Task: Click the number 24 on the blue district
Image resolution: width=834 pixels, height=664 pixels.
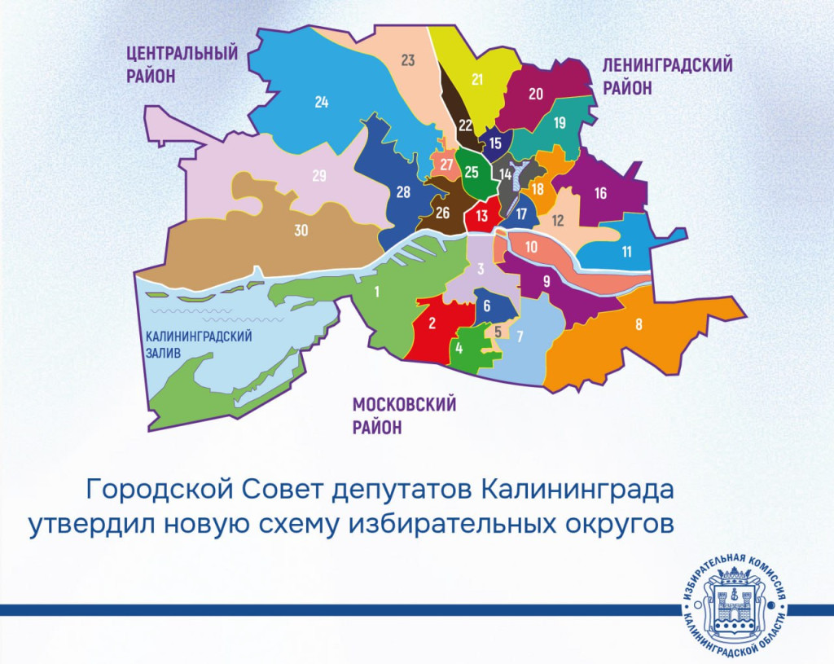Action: coord(322,103)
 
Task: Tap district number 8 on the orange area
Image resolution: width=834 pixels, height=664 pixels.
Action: coord(639,324)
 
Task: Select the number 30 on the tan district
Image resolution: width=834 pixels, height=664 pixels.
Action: coord(301,231)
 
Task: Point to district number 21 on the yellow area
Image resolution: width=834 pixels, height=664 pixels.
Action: coord(478,80)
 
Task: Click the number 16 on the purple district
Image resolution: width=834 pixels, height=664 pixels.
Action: coord(601,194)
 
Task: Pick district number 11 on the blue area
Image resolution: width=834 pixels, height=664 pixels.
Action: coord(626,252)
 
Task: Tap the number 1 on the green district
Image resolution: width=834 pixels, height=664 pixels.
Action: coord(377,292)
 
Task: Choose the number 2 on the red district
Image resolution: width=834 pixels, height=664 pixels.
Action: coord(432,323)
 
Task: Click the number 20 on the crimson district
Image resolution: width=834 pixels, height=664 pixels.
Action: coord(535,94)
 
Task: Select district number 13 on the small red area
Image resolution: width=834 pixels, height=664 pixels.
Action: coord(482,216)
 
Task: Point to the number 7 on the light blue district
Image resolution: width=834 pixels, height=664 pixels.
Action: coord(520,336)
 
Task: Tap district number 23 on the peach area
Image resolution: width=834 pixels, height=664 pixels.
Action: coord(408,59)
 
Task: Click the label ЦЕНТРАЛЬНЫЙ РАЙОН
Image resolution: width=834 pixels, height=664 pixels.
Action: coord(182,64)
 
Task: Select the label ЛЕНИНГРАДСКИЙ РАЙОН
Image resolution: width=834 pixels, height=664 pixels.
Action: coord(667,76)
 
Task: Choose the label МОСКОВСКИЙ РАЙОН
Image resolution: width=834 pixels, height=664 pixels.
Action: coord(404,416)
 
